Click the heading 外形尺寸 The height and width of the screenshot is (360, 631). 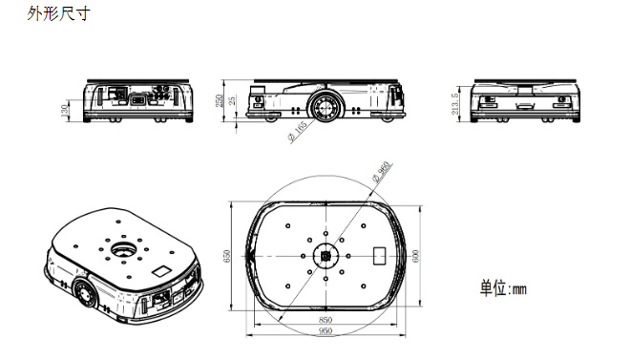click(x=59, y=13)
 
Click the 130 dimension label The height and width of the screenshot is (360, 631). click(x=65, y=111)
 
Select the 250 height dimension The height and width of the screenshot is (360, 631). click(x=220, y=100)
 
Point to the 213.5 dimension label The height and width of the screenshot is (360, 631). click(x=455, y=104)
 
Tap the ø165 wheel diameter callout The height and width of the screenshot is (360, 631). click(x=298, y=131)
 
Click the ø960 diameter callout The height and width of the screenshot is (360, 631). click(x=381, y=172)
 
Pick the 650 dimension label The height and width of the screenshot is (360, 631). click(x=227, y=256)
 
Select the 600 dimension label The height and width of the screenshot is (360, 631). click(x=415, y=256)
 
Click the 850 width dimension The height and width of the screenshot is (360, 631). click(x=326, y=320)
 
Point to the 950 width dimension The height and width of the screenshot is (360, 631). click(x=326, y=330)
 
